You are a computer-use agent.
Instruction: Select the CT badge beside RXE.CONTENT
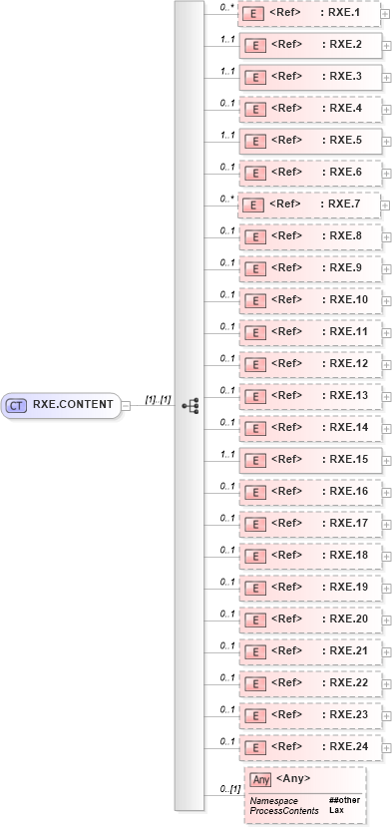[x=16, y=405]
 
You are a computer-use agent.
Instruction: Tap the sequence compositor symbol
[x=190, y=405]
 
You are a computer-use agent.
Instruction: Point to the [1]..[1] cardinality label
[x=158, y=399]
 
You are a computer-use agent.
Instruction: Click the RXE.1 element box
[x=308, y=13]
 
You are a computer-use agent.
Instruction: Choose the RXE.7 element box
[x=308, y=205]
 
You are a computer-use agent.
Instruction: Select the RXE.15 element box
[x=308, y=460]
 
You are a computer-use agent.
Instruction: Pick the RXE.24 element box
[x=308, y=747]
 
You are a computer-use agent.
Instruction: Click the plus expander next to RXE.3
[x=386, y=78]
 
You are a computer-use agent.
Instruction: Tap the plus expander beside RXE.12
[x=386, y=365]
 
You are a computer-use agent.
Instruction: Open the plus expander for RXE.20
[x=386, y=621]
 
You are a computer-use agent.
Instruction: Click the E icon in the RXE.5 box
[x=254, y=141]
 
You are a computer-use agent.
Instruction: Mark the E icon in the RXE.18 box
[x=254, y=556]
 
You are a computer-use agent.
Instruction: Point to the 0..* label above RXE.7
[x=226, y=198]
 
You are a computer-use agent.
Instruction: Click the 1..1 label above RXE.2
[x=226, y=38]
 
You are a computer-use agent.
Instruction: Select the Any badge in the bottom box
[x=260, y=779]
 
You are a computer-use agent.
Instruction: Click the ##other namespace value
[x=345, y=800]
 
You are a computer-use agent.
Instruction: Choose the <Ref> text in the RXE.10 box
[x=286, y=299]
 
